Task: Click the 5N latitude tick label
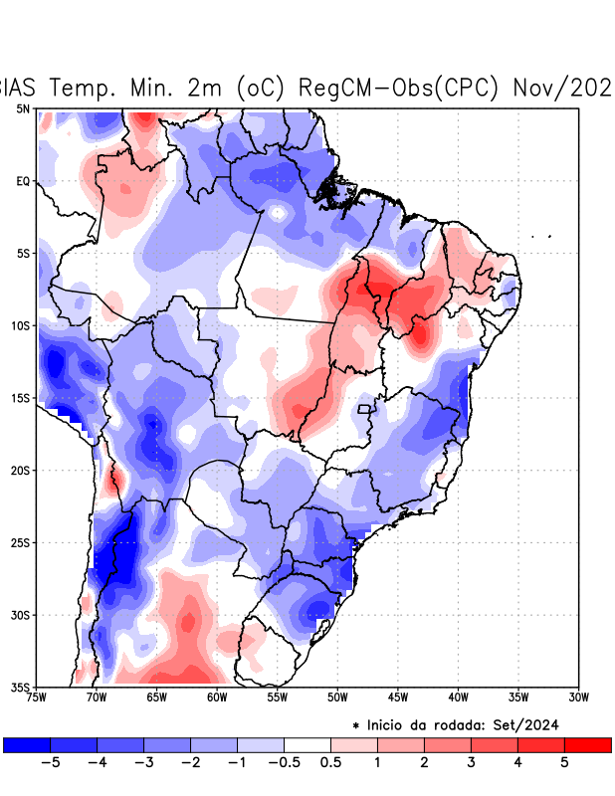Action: click(22, 108)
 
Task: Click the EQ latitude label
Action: click(22, 181)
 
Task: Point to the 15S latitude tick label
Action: click(20, 398)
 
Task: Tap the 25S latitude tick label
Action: click(20, 542)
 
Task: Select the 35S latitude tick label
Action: click(20, 687)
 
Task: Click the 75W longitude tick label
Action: click(38, 696)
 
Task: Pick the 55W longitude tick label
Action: click(278, 696)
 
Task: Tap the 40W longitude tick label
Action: click(458, 696)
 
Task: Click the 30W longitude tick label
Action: click(578, 696)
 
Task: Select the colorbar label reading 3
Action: click(471, 762)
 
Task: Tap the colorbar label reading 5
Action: click(564, 762)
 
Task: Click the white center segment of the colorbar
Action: click(307, 744)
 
